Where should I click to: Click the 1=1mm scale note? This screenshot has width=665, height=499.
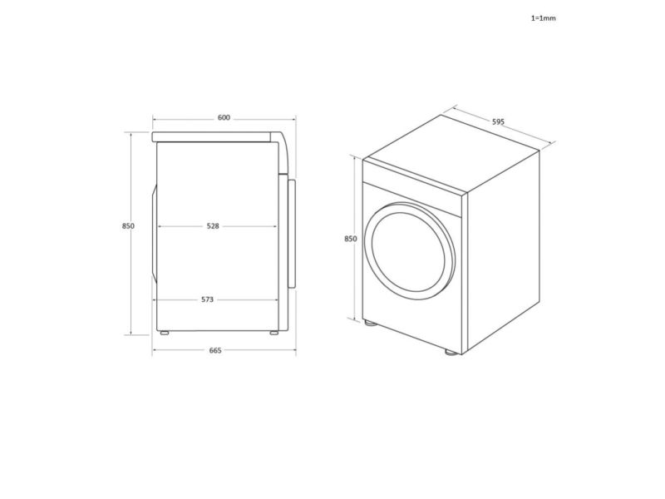pyautogui.click(x=544, y=18)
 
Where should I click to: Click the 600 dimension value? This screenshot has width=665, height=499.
pyautogui.click(x=224, y=117)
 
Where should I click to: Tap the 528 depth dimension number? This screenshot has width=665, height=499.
pyautogui.click(x=213, y=226)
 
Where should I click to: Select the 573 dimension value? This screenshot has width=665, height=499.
pyautogui.click(x=207, y=299)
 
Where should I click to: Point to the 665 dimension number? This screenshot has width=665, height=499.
pyautogui.click(x=215, y=350)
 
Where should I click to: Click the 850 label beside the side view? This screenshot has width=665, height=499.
pyautogui.click(x=128, y=226)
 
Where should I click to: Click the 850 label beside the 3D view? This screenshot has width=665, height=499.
pyautogui.click(x=351, y=239)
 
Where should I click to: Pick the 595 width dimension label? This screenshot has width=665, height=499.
pyautogui.click(x=498, y=121)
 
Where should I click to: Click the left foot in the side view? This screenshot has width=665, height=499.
pyautogui.click(x=164, y=333)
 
